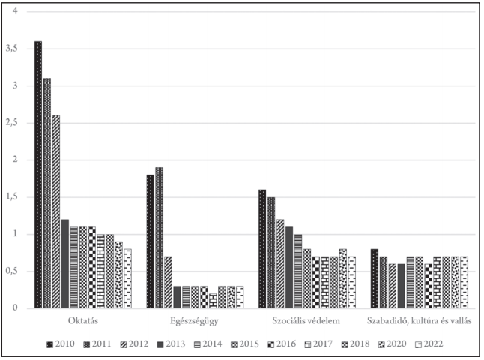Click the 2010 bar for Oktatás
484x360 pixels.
[x=38, y=175]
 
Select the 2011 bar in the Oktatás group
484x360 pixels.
[x=47, y=193]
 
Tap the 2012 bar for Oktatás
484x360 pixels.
[x=56, y=211]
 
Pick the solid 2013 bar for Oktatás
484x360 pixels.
[x=65, y=263]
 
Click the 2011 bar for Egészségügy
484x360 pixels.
[x=160, y=238]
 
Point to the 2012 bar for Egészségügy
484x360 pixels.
[x=169, y=282]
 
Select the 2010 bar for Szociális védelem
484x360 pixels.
[x=262, y=249]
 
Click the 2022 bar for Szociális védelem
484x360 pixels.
[x=352, y=282]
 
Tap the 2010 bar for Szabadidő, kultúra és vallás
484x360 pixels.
[x=375, y=278]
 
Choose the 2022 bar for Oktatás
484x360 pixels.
[x=128, y=278]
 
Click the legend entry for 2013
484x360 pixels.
[x=172, y=344]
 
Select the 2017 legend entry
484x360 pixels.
[x=318, y=344]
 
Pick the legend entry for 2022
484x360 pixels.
[x=429, y=344]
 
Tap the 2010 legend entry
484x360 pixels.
[x=61, y=344]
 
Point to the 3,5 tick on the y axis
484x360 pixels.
[x=12, y=49]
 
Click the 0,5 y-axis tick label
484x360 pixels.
[x=12, y=271]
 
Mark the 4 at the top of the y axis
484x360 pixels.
[x=15, y=11]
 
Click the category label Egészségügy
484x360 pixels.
[x=194, y=321]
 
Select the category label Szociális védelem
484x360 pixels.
[x=306, y=320]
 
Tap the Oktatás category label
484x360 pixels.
[x=83, y=320]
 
